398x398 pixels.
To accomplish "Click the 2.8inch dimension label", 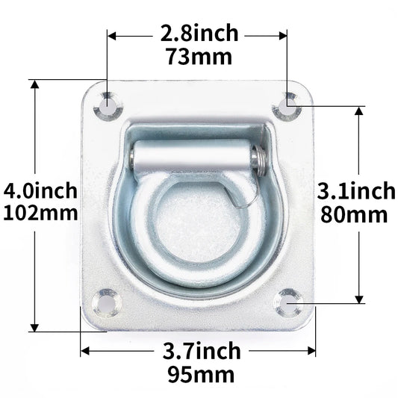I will click(x=199, y=34).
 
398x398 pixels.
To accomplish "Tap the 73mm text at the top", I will click(x=199, y=56).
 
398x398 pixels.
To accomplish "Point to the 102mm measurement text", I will click(x=40, y=213).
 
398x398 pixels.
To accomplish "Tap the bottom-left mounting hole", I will click(x=105, y=302).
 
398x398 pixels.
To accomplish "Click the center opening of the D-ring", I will click(x=196, y=224).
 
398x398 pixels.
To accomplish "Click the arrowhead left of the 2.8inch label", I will click(x=112, y=34).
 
